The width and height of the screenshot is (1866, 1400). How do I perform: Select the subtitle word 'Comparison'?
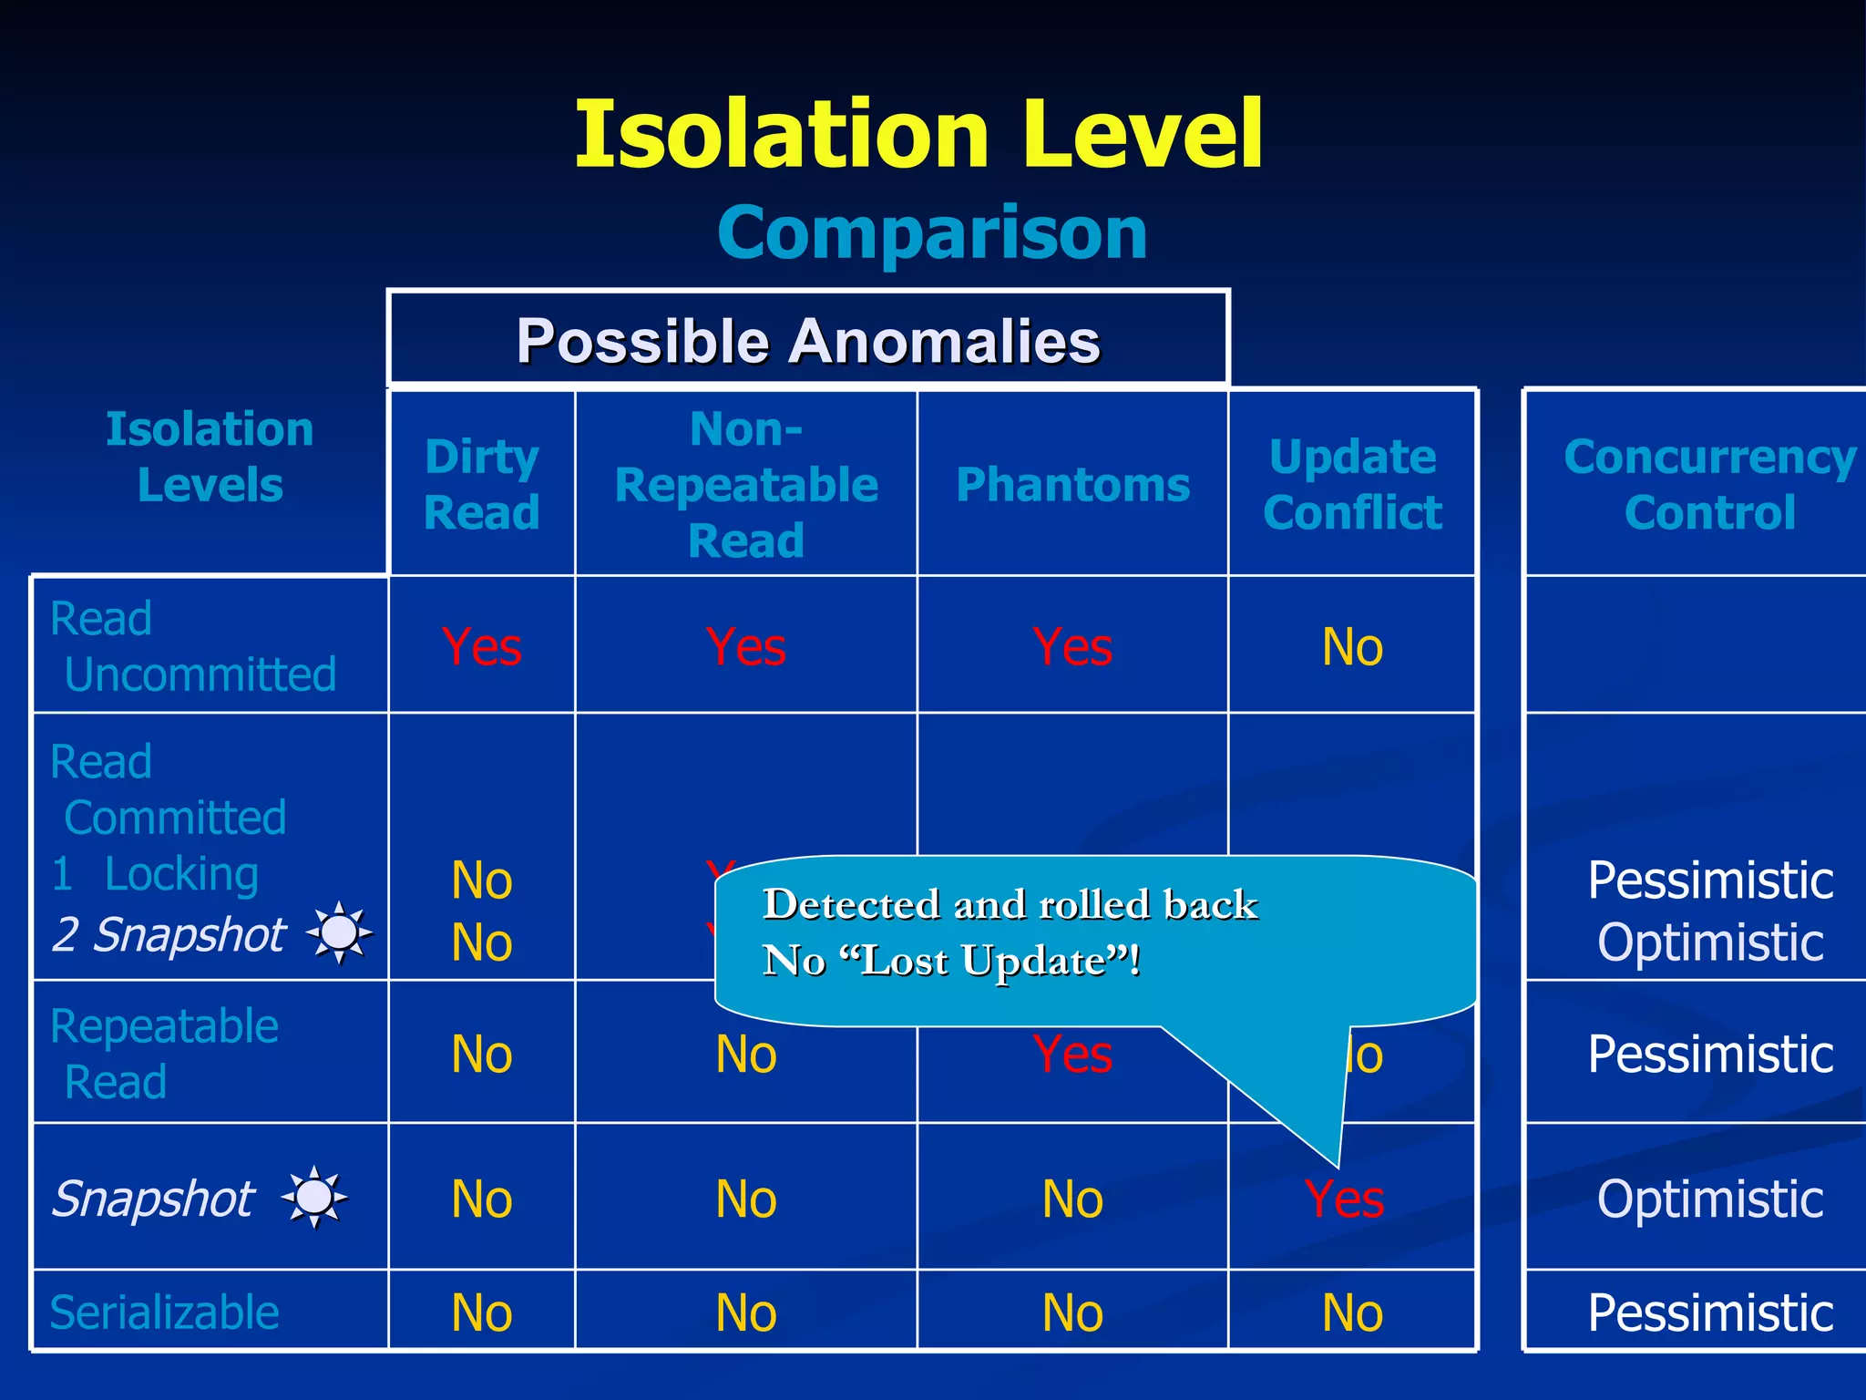coord(932,233)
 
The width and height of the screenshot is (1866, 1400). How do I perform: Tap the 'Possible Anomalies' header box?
coord(808,341)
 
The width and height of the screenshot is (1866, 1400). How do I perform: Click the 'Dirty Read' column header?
coord(481,484)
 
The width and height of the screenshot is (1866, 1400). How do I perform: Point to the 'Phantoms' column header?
coord(1072,485)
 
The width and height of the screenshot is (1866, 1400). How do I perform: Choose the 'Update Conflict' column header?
coord(1352,484)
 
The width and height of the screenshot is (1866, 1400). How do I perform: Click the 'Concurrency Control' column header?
coord(1709,484)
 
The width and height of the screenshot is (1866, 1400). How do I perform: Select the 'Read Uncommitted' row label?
coord(193,646)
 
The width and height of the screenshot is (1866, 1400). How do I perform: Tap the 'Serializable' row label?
coord(165,1312)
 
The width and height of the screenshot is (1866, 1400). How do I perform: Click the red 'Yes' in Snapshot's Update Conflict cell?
coord(1344,1199)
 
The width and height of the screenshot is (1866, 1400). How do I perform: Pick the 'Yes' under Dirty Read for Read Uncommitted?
coord(481,647)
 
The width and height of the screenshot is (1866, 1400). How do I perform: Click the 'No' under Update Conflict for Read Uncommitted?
coord(1352,647)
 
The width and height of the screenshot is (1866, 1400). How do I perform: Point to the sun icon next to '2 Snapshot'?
coord(339,932)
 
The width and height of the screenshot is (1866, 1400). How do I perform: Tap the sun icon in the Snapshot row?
coord(314,1197)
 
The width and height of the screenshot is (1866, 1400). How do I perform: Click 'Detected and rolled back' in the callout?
coord(1010,904)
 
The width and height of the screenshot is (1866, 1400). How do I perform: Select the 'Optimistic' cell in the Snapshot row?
coord(1709,1199)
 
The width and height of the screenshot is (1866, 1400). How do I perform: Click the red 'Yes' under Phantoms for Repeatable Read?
coord(1072,1055)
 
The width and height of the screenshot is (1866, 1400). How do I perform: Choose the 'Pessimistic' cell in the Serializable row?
coord(1709,1312)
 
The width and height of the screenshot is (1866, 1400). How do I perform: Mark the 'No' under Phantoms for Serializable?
coord(1072,1313)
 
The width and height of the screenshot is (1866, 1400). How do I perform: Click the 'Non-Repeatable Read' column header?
coord(745,484)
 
